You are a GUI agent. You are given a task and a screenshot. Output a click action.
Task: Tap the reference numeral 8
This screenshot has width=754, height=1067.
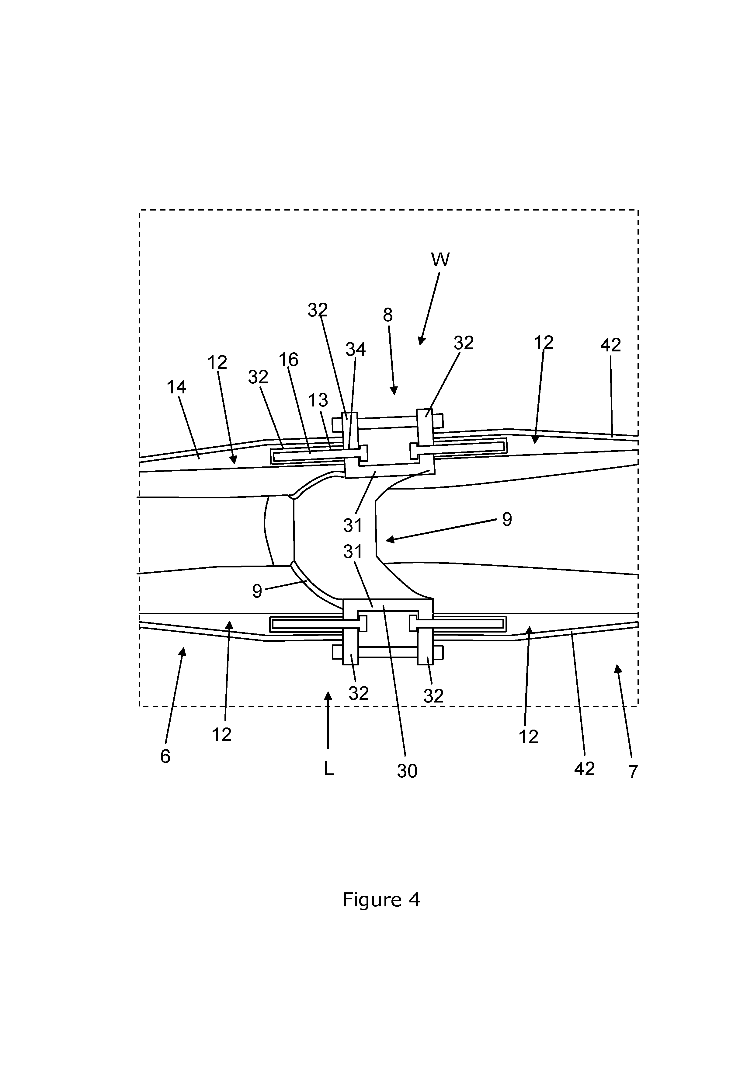pos(388,315)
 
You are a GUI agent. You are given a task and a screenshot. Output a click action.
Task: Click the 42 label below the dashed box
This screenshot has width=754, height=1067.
pos(584,769)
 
